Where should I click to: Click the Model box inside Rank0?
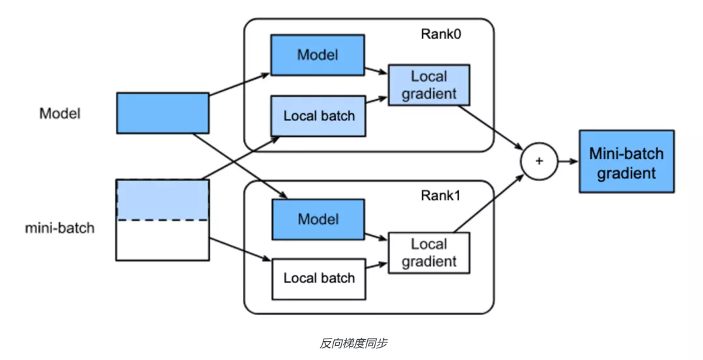click(x=318, y=55)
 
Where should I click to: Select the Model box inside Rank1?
click(x=318, y=219)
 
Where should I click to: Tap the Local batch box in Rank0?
click(x=318, y=116)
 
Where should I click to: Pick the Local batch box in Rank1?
click(x=319, y=279)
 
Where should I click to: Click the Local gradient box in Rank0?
click(x=428, y=85)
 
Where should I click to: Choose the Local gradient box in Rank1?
click(x=428, y=253)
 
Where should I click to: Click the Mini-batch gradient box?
click(x=626, y=161)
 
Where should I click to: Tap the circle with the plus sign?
click(x=539, y=161)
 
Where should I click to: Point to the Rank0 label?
click(x=441, y=34)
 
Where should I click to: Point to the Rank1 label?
click(x=440, y=195)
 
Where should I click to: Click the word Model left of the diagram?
click(x=60, y=113)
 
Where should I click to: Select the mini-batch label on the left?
click(x=60, y=228)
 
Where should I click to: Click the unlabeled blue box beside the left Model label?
click(x=163, y=113)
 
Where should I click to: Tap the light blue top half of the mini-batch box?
click(x=163, y=200)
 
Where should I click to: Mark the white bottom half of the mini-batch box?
click(x=163, y=240)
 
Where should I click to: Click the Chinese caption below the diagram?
click(x=353, y=344)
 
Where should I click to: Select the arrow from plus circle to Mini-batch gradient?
click(x=568, y=161)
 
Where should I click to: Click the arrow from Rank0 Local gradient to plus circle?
click(x=491, y=128)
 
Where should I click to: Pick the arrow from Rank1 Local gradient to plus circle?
click(x=489, y=204)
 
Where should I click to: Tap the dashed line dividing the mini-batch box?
click(x=163, y=220)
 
